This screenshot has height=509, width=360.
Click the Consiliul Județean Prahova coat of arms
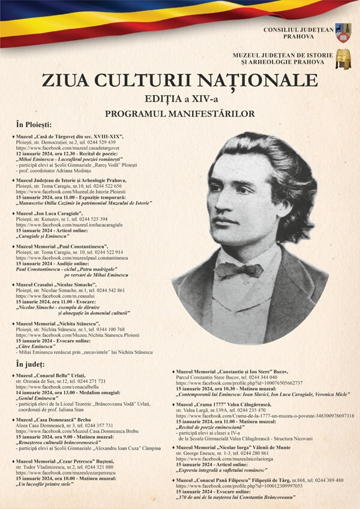[343, 32]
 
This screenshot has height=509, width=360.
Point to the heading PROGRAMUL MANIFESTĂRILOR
[180, 113]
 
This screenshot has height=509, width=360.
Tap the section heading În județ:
[35, 364]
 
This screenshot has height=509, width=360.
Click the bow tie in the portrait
[239, 270]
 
